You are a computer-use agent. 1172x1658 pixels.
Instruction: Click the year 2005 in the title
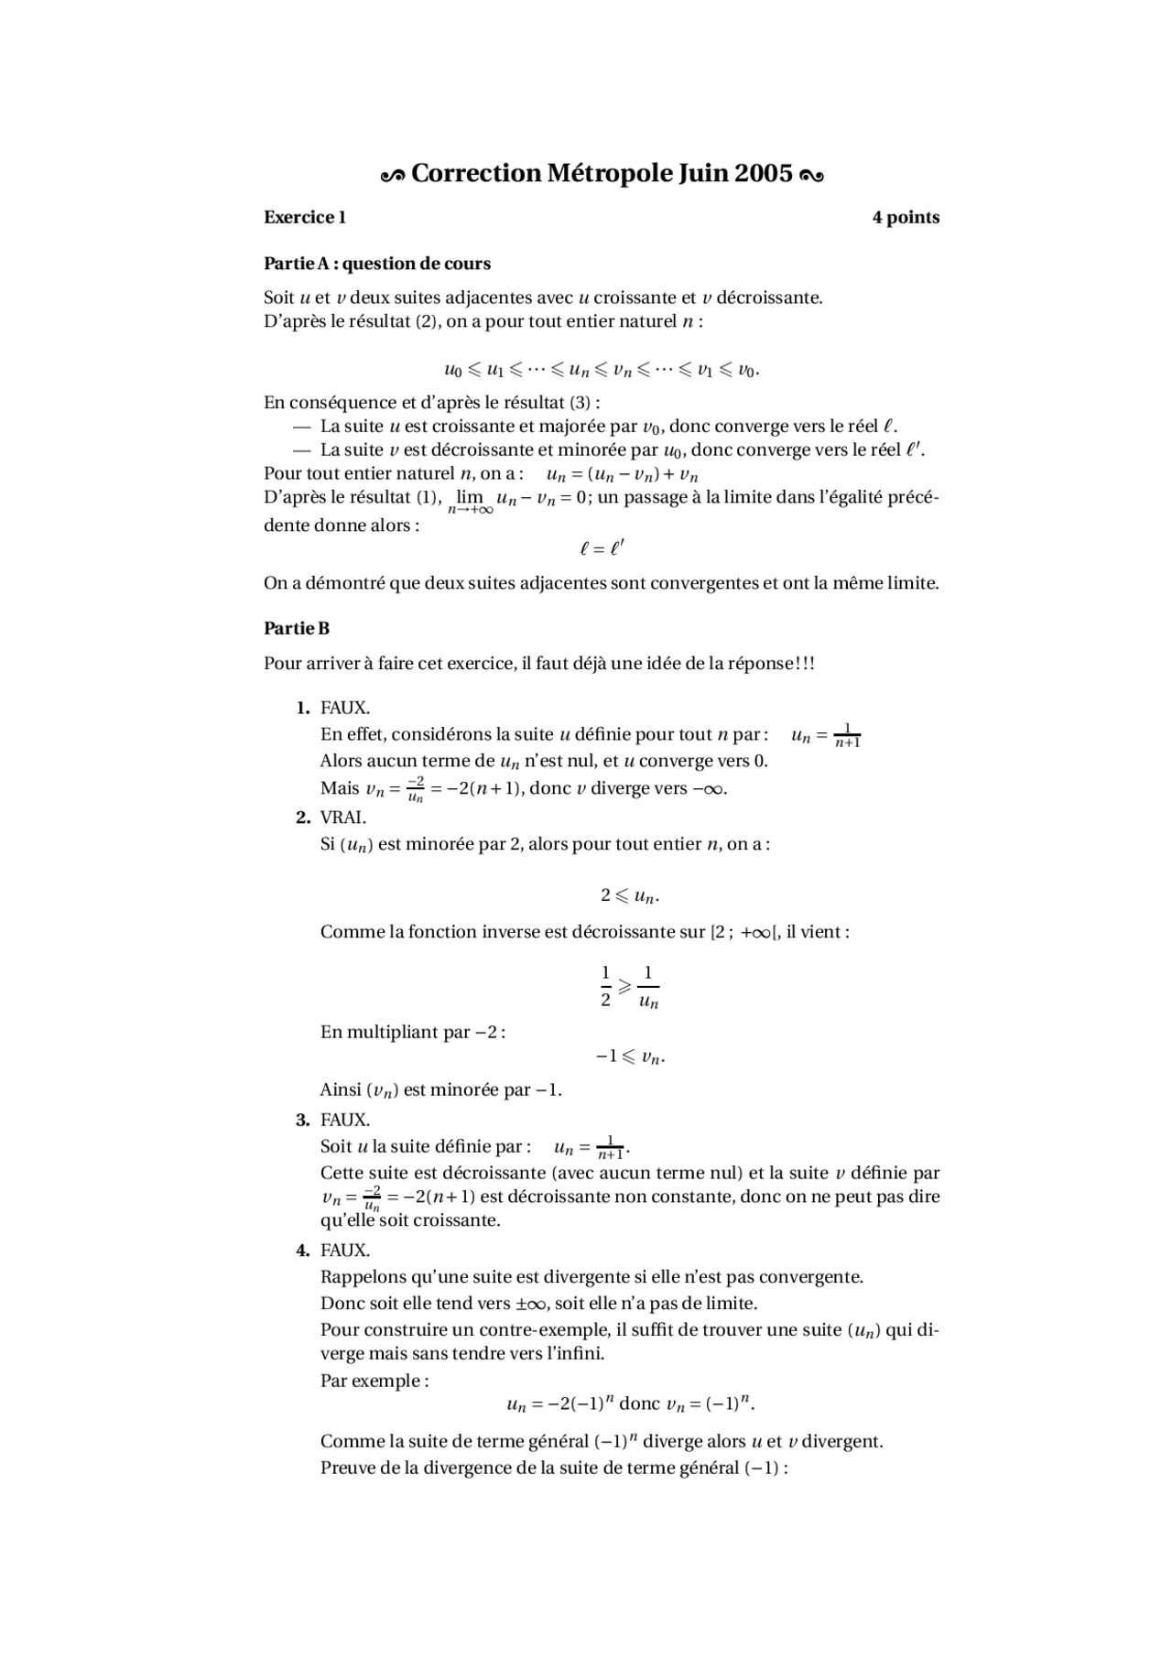coord(763,173)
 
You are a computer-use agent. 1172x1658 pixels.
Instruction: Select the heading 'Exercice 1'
coord(305,217)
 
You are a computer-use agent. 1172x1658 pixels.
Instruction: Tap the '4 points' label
coord(906,217)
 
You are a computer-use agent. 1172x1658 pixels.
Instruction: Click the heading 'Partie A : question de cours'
coord(377,264)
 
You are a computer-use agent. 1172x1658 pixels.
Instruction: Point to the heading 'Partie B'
coord(297,628)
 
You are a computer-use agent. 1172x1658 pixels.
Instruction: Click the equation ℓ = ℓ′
coord(602,548)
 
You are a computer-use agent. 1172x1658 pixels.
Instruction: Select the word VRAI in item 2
coord(342,818)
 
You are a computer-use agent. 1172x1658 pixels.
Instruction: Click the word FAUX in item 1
coord(344,708)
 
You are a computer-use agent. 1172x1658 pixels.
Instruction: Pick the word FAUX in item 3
coord(344,1120)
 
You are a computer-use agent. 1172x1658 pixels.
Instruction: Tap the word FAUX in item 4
coord(344,1250)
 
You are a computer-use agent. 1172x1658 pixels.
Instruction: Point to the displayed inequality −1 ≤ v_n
coord(629,1057)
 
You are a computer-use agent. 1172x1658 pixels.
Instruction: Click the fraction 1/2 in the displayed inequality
coord(605,986)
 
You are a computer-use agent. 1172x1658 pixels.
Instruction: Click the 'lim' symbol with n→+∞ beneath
coord(470,499)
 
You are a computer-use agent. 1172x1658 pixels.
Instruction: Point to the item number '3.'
coord(303,1120)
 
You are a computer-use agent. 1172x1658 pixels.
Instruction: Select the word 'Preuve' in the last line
coord(346,1468)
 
